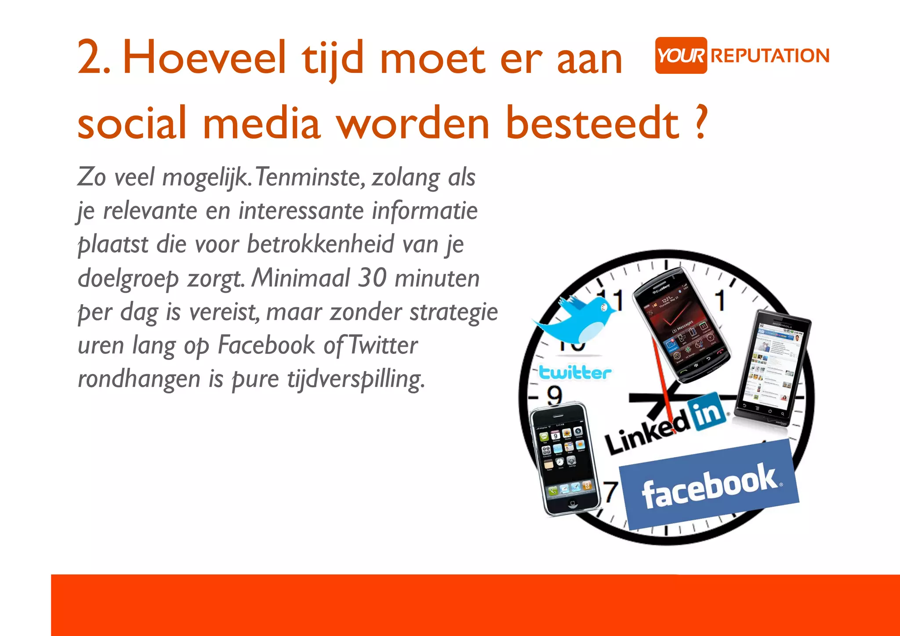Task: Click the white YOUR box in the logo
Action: coord(681,55)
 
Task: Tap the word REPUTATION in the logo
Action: coord(769,56)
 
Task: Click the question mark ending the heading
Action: coord(702,122)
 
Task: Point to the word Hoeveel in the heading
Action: coord(204,57)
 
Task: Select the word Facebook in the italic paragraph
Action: coord(266,345)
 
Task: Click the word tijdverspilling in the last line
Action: coord(356,379)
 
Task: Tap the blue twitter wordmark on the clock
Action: coord(575,373)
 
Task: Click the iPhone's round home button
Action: coord(572,503)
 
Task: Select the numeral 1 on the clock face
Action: coord(719,301)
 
